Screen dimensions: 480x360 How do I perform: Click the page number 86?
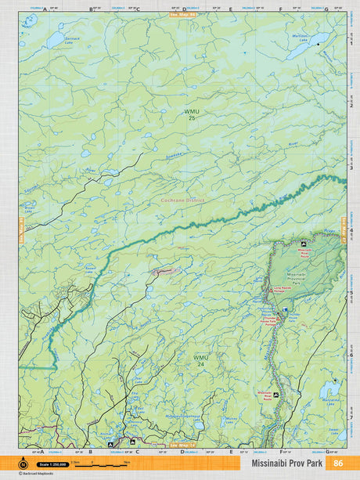[x=337, y=463]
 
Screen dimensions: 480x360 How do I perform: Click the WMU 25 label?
[x=192, y=114]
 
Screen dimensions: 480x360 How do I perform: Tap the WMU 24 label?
[x=201, y=361]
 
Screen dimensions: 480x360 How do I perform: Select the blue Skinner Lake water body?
[x=55, y=37]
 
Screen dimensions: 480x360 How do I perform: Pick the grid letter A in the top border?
[x=44, y=9]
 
